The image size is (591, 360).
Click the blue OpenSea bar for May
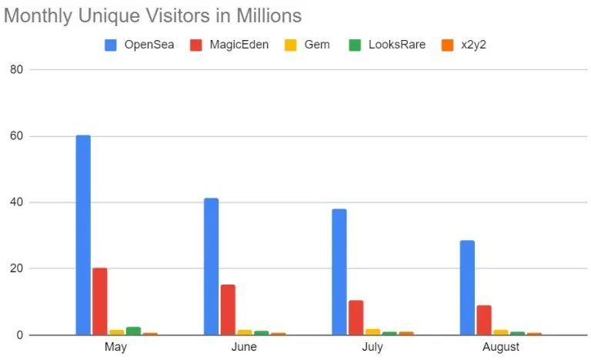(x=83, y=235)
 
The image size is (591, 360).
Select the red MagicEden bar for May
(x=100, y=301)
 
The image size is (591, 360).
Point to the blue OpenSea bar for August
(x=467, y=288)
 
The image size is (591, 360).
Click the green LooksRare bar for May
(x=133, y=331)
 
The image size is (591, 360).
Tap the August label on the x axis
(x=501, y=347)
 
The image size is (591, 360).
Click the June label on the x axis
(x=244, y=347)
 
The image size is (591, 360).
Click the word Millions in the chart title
(x=263, y=15)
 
